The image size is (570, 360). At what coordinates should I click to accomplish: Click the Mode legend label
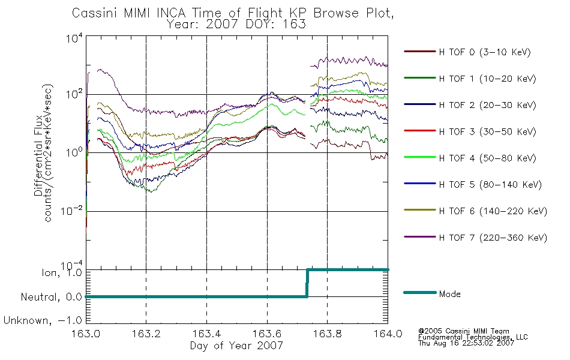coord(449,294)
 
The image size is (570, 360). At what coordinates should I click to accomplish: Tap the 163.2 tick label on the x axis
coord(146,334)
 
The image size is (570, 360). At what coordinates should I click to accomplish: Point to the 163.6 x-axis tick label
coord(267,334)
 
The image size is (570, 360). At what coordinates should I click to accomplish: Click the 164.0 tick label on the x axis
coord(388,334)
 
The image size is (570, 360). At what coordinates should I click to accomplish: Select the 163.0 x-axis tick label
coord(86,334)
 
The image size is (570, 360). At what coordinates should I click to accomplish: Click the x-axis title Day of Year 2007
coord(236,346)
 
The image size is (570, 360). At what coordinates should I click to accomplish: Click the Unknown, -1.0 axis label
coord(43,320)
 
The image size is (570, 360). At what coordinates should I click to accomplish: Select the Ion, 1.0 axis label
coord(62,272)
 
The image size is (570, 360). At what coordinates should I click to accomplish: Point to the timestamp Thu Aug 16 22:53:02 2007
coord(466,343)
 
